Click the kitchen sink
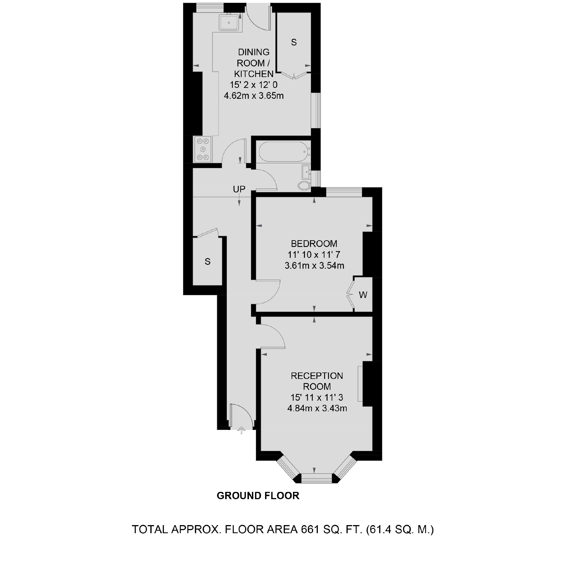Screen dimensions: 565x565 click(229, 23)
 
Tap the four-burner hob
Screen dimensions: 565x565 click(203, 150)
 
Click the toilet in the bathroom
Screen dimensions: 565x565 click(304, 186)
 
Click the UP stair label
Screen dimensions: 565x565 click(239, 189)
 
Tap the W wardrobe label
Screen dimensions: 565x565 click(363, 295)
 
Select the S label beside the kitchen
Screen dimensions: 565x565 click(294, 43)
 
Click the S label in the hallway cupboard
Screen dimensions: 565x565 click(208, 261)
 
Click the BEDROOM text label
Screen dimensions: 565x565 click(314, 244)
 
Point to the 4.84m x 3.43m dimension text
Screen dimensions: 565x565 click(317, 408)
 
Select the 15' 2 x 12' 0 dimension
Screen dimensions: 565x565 click(254, 85)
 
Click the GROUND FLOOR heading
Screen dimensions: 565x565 click(258, 496)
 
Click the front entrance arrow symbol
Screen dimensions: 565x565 click(241, 431)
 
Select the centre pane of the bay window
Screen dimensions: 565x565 click(317, 479)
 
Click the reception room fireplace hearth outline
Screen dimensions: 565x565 click(360, 384)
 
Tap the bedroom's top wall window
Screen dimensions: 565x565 click(344, 192)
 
